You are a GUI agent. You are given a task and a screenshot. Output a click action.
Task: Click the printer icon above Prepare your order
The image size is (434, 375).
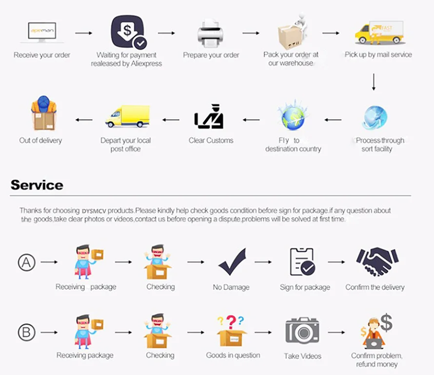[210, 33]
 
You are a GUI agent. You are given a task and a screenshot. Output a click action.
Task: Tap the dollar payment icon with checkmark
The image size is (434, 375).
[128, 32]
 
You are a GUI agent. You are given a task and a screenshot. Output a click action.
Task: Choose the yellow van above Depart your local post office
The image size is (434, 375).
[127, 116]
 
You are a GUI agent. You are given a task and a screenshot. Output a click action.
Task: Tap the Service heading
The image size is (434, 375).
[37, 185]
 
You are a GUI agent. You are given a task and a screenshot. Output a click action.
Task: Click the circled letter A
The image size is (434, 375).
[26, 262]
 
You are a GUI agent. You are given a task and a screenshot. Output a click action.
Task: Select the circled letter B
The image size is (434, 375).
[26, 333]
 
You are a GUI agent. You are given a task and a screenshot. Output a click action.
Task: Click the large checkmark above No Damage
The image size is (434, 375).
[231, 262]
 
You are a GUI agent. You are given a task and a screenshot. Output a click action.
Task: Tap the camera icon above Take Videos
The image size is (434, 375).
[302, 331]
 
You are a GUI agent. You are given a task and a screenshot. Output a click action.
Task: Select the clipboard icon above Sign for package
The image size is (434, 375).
[302, 262]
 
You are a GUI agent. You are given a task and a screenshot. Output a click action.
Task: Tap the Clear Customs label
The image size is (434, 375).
[211, 140]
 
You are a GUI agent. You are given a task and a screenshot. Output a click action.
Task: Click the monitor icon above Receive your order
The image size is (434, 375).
[42, 32]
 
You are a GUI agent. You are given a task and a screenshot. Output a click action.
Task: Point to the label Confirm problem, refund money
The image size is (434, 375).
[377, 360]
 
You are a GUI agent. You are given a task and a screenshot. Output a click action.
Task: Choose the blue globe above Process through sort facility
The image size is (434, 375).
[375, 117]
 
